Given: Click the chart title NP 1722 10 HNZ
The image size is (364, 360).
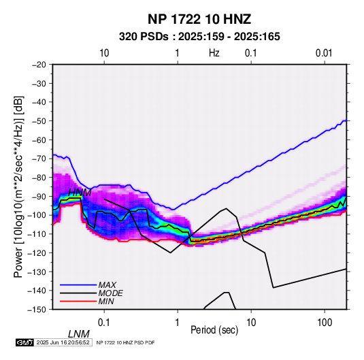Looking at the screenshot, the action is click(x=199, y=19).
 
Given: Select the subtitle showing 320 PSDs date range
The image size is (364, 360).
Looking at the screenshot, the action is click(x=199, y=37).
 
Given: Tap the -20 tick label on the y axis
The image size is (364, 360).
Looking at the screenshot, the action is click(x=39, y=65).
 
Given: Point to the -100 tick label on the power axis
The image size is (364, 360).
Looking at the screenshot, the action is click(x=37, y=215).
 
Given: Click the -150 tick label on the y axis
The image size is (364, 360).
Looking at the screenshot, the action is click(x=37, y=310).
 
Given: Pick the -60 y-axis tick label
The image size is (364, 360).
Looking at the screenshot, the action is click(x=39, y=140).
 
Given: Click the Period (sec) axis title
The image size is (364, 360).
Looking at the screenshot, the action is click(x=214, y=330).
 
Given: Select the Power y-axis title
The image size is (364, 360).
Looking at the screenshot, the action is click(x=18, y=186).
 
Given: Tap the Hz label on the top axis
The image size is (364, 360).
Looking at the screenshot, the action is click(x=214, y=53).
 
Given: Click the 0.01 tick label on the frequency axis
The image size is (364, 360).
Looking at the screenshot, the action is click(x=324, y=53).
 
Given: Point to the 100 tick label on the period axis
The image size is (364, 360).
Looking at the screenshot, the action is click(x=325, y=323).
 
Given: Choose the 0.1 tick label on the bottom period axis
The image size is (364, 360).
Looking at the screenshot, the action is click(x=104, y=323).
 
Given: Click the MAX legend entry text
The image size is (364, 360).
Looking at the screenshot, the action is click(x=107, y=284).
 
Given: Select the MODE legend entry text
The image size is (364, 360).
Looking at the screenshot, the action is click(x=110, y=293).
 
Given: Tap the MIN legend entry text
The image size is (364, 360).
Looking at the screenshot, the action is click(x=106, y=301).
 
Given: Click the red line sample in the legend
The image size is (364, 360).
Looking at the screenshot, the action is click(x=78, y=301).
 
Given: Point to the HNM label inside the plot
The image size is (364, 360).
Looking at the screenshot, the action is click(x=80, y=193).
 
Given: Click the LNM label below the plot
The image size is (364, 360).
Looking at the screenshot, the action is click(x=79, y=334).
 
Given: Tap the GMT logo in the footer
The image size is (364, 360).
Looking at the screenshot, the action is click(x=25, y=342).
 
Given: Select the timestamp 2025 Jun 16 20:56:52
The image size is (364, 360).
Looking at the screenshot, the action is click(x=63, y=342).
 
